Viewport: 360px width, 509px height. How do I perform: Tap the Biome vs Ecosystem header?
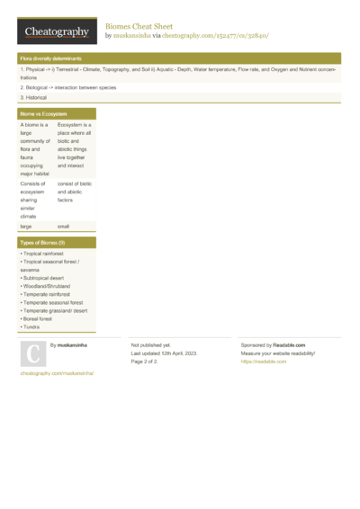coord(43,115)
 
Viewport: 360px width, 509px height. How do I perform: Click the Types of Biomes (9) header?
coord(42,243)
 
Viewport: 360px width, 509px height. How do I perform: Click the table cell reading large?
coord(26,227)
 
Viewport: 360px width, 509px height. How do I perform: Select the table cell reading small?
coord(63,227)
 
